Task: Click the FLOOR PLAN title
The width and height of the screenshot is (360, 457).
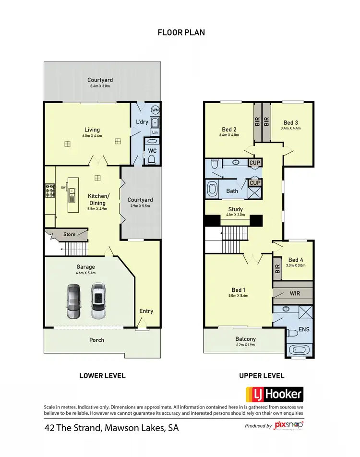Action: (181, 33)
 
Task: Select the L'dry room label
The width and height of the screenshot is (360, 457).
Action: (142, 122)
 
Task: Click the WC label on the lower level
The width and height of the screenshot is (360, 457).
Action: (152, 151)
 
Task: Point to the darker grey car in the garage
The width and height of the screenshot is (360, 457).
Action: (74, 301)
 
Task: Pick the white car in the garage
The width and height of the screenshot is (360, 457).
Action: (98, 301)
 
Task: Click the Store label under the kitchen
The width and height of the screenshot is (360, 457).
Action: (70, 234)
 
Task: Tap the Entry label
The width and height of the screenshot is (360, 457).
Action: (146, 311)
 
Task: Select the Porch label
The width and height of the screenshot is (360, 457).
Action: (96, 340)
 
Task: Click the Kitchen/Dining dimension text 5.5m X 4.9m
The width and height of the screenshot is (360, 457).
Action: (98, 208)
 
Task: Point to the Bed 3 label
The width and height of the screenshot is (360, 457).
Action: (291, 122)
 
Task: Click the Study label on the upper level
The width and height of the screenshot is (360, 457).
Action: (235, 209)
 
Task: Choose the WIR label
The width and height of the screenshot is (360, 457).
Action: (295, 293)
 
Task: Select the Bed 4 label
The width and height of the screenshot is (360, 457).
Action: (296, 260)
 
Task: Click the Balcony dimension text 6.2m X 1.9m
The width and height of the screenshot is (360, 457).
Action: (245, 345)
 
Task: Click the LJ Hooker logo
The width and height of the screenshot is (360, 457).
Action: (275, 394)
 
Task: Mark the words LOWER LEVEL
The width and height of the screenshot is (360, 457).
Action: (102, 376)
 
